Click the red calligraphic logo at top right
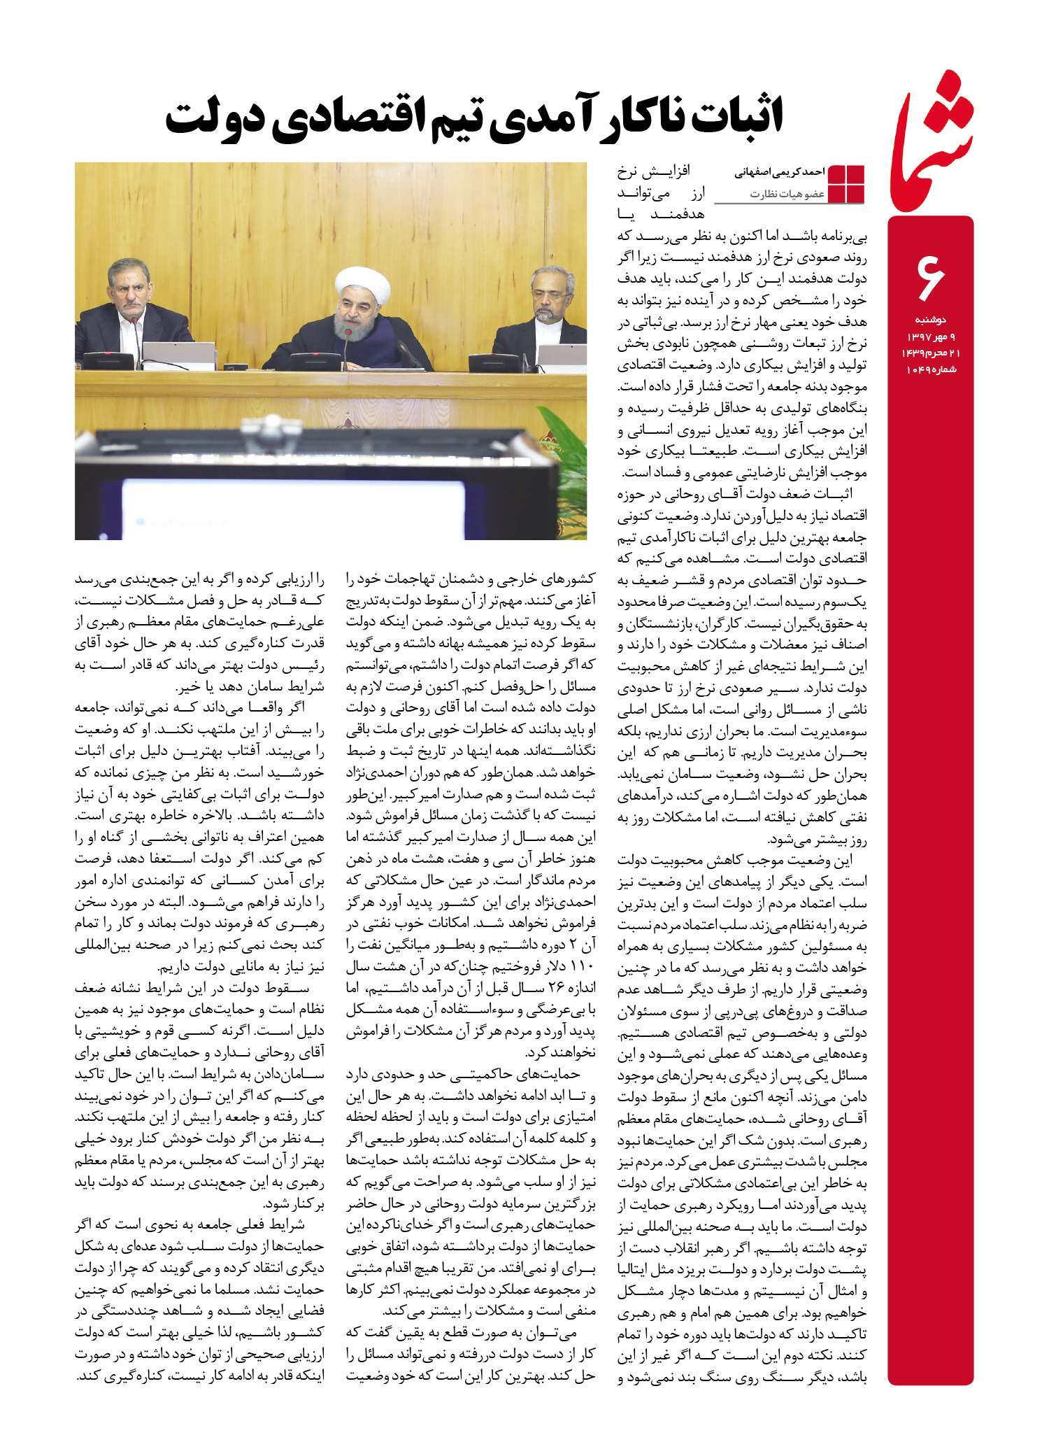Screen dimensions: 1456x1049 tap(931, 143)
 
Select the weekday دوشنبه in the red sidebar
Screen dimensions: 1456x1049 tap(930, 320)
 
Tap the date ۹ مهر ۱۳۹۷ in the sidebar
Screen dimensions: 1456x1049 tap(930, 337)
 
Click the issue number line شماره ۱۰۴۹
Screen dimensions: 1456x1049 tap(930, 369)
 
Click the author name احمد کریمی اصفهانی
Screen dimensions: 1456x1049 tap(779, 172)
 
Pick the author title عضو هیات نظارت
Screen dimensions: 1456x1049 tap(787, 194)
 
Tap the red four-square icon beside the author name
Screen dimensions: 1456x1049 tap(845, 184)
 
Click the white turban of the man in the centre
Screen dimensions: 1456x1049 tap(362, 282)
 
